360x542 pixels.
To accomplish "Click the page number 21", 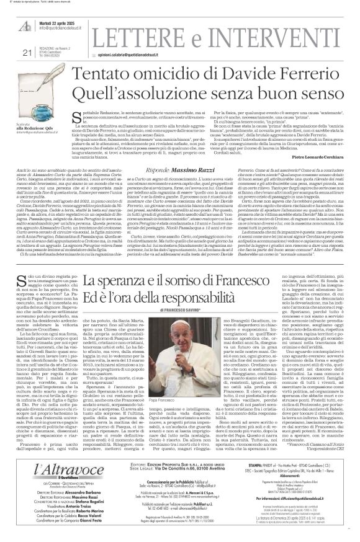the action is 8,35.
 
